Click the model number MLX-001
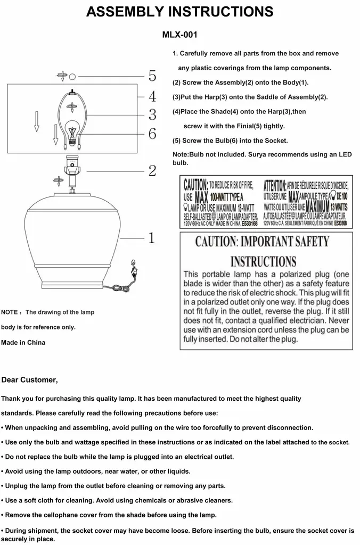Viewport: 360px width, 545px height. (x=179, y=35)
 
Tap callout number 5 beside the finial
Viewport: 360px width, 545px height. (x=152, y=76)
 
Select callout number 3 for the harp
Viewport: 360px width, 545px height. (x=152, y=114)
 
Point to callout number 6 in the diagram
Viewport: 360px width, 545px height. (x=152, y=134)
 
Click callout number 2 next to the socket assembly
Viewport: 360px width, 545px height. (x=152, y=171)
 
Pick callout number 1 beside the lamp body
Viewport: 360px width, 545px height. (x=151, y=237)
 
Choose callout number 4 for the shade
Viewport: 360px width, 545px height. (x=152, y=96)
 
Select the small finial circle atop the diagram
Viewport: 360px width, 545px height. (x=73, y=76)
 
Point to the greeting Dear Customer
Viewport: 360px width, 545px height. (x=29, y=380)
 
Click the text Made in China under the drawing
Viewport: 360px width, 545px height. (x=23, y=343)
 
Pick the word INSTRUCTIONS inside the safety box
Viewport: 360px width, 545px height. (x=263, y=261)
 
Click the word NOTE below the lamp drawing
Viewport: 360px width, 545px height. (x=10, y=312)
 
